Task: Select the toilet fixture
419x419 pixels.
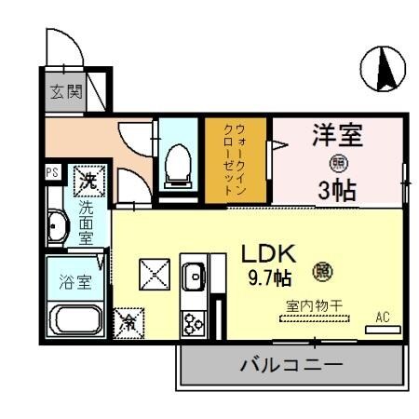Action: (x=175, y=166)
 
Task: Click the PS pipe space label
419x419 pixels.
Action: (x=51, y=173)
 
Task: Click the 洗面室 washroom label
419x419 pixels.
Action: (x=86, y=223)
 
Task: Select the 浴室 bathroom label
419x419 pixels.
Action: (x=75, y=283)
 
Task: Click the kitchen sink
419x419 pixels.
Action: (x=196, y=276)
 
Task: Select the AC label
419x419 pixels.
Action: (x=382, y=317)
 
